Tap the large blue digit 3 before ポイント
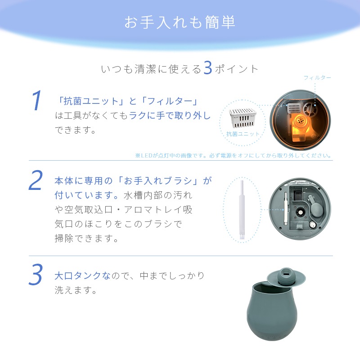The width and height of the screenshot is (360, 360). point(207,68)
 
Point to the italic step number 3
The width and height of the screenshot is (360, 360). point(36,275)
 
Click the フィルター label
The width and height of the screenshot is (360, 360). point(317,78)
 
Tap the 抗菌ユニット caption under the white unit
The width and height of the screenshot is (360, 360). point(243,134)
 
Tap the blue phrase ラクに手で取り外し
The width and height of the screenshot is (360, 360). point(170,116)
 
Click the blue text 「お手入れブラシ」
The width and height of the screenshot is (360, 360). point(158,181)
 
